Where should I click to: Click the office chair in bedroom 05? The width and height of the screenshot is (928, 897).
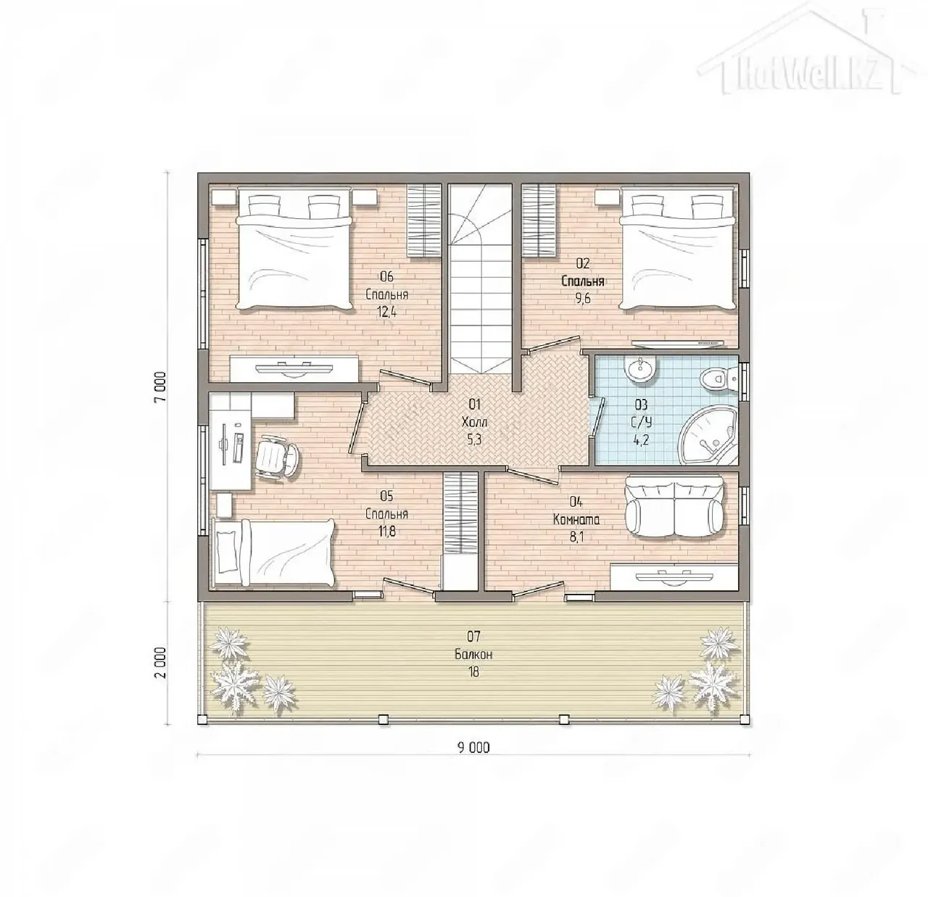click(x=278, y=455)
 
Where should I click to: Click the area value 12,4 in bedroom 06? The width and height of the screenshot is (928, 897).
click(x=386, y=313)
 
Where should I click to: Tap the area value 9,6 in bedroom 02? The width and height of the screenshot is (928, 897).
click(x=583, y=299)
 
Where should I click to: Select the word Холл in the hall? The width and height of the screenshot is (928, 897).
click(x=474, y=422)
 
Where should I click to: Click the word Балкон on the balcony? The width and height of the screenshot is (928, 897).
click(x=473, y=655)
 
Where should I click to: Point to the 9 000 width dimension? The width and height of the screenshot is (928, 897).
click(x=473, y=748)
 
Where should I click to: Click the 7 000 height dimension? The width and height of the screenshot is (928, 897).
click(x=161, y=387)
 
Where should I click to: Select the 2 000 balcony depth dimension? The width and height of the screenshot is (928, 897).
click(x=161, y=663)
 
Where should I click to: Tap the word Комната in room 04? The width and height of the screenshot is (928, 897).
click(x=576, y=519)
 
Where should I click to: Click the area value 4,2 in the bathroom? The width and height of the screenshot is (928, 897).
click(x=641, y=439)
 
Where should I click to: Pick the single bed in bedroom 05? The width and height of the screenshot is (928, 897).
click(x=273, y=553)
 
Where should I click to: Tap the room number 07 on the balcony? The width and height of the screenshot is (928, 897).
click(x=473, y=637)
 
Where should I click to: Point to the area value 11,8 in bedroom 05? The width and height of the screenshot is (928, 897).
click(x=386, y=532)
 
